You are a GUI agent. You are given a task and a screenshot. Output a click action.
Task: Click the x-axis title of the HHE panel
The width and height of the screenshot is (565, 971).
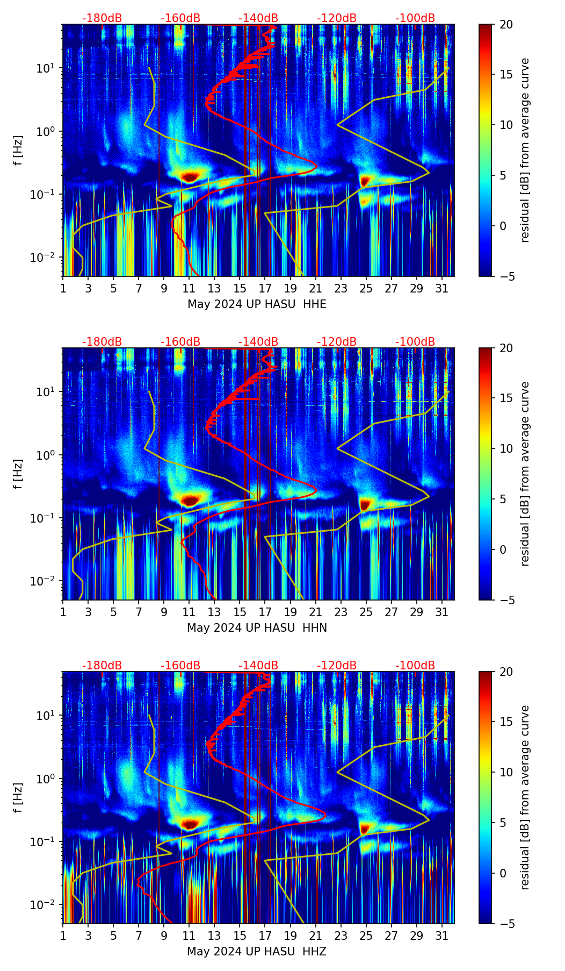click(257, 304)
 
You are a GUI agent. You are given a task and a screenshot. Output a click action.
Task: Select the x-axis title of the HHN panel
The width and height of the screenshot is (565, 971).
click(257, 628)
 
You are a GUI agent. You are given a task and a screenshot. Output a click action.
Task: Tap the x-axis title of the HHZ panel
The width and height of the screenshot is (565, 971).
click(257, 952)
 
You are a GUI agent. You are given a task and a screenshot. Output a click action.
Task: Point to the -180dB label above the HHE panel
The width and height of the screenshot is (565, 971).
click(102, 18)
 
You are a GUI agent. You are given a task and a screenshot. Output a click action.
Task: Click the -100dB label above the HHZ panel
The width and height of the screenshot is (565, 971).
click(415, 666)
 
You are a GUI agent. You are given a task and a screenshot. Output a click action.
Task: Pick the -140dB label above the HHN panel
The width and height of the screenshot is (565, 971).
click(258, 342)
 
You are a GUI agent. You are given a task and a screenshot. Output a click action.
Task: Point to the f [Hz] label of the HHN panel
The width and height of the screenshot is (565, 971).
click(18, 474)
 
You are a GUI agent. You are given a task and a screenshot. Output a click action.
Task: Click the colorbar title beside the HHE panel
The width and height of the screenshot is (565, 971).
click(525, 150)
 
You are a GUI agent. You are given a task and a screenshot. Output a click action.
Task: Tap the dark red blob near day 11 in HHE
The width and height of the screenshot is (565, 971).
click(190, 176)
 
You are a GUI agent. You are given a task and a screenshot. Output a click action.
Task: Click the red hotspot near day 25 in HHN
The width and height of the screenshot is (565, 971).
click(366, 504)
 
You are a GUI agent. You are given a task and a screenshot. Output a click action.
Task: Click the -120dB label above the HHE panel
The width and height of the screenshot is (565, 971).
click(337, 18)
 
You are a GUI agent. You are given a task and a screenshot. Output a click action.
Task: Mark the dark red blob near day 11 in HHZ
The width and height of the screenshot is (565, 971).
click(190, 823)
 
